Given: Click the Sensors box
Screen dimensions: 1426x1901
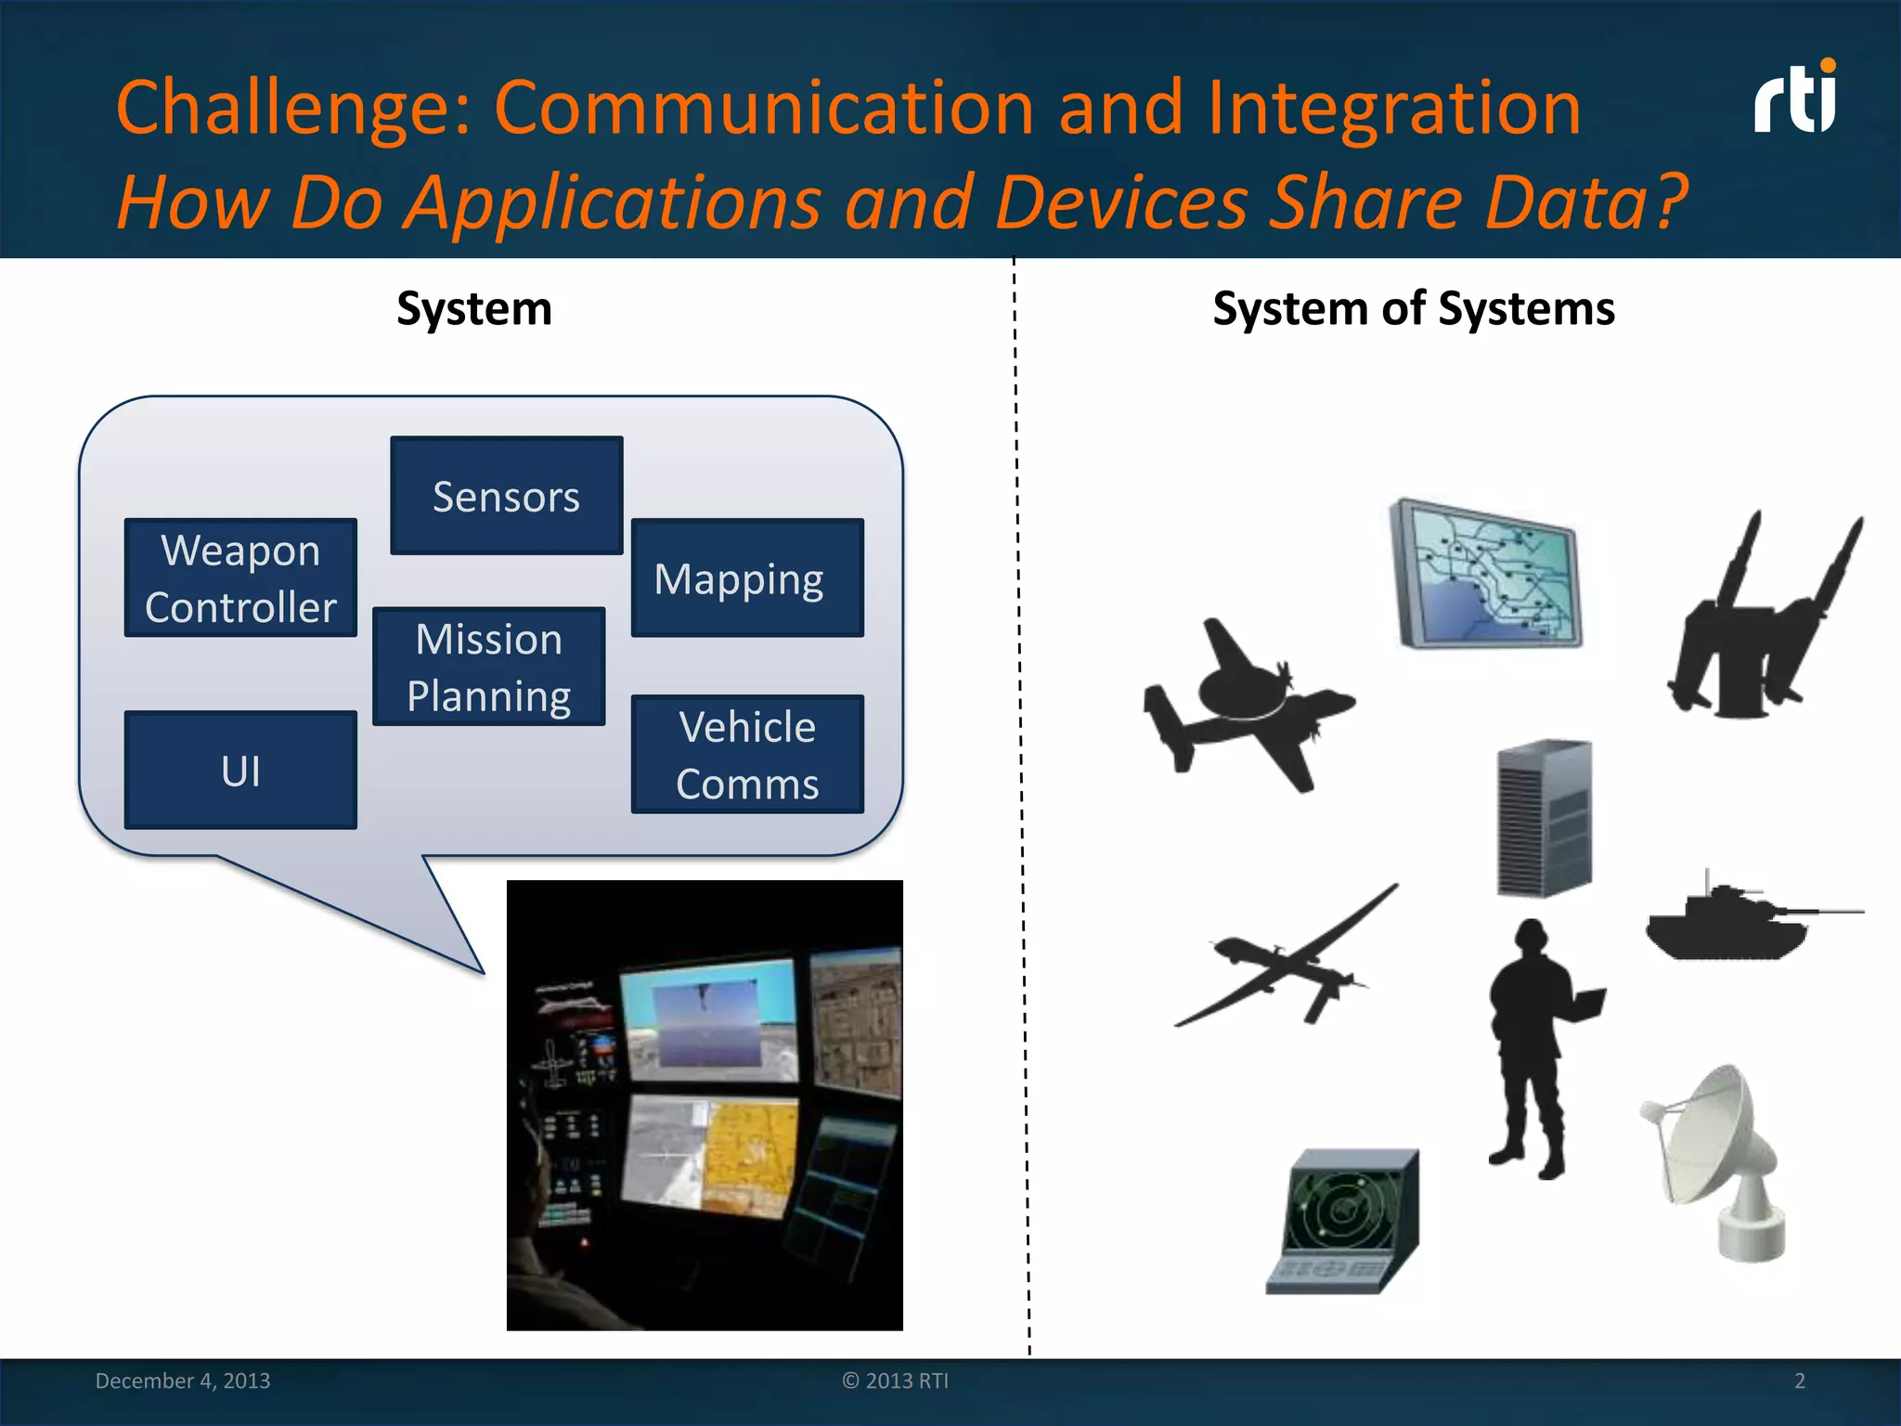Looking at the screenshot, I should click(506, 496).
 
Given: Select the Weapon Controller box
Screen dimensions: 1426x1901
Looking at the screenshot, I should click(240, 577).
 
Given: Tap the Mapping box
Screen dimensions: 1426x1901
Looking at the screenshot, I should click(747, 577).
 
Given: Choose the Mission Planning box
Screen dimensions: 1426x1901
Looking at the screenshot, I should click(488, 667).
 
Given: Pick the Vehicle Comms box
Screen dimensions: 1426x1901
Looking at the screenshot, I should click(747, 754).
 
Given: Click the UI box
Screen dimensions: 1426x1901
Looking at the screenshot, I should click(240, 770).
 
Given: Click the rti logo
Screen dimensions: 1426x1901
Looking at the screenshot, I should click(1795, 98).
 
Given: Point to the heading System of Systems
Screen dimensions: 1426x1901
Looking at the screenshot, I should click(1413, 308).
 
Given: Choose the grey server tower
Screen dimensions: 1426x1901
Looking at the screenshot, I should click(1545, 817).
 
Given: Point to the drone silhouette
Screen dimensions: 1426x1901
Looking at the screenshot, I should click(1290, 961).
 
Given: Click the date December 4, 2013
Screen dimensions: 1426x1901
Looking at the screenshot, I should click(183, 1381).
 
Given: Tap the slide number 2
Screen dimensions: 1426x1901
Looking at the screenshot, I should click(1799, 1381).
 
